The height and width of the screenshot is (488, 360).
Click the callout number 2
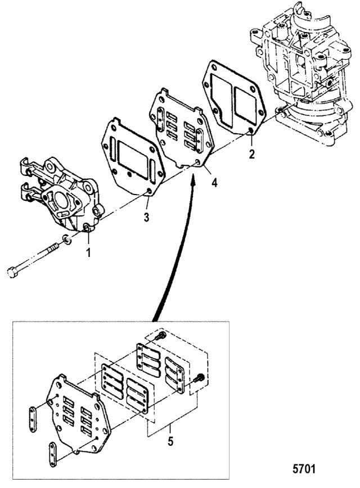[x=253, y=153]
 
